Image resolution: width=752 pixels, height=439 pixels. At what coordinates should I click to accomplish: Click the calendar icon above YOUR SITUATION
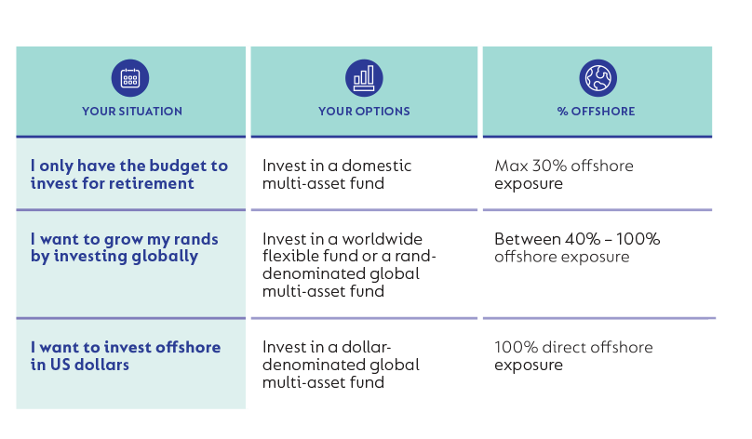pyautogui.click(x=130, y=78)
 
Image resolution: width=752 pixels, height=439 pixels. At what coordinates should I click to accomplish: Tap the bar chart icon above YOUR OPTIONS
pyautogui.click(x=364, y=78)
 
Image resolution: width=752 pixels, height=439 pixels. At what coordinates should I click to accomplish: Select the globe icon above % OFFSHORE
pyautogui.click(x=598, y=78)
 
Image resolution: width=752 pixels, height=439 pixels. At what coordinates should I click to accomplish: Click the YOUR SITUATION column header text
pyautogui.click(x=132, y=112)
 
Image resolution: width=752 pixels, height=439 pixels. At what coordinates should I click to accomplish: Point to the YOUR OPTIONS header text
pyautogui.click(x=364, y=112)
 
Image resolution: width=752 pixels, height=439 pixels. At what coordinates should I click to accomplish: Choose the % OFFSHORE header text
pyautogui.click(x=597, y=112)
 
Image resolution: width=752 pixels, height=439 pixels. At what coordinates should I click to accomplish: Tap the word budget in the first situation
pyautogui.click(x=170, y=166)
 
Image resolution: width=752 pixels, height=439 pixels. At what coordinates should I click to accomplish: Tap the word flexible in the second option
pyautogui.click(x=286, y=256)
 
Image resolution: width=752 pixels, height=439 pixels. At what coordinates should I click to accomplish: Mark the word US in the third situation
pyautogui.click(x=60, y=365)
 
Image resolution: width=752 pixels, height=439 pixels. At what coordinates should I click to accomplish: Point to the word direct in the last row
pyautogui.click(x=557, y=347)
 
